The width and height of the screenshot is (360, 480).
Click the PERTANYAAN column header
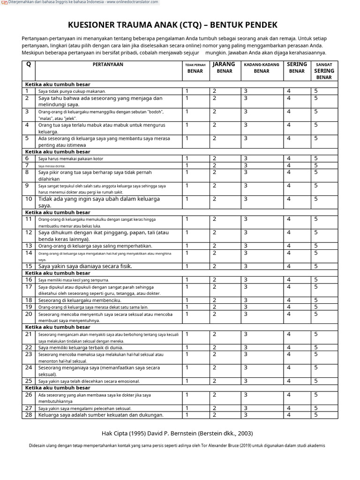tap(108, 65)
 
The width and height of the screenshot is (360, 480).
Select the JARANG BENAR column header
tap(224, 67)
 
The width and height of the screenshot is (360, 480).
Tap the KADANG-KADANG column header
tap(262, 65)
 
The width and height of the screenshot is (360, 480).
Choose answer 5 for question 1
tap(316, 91)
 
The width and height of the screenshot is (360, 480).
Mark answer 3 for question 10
tap(245, 199)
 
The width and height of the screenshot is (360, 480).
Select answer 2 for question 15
tap(214, 266)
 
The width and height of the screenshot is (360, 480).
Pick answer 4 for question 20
tap(289, 314)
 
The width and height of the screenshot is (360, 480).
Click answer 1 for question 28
tap(187, 415)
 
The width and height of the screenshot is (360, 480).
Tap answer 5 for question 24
tap(316, 367)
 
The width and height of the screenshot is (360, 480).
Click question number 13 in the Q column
tap(29, 246)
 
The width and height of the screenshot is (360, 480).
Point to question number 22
tap(29, 347)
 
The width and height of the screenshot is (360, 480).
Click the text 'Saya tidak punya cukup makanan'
tap(72, 91)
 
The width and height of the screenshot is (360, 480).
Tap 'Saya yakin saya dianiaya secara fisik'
tap(85, 266)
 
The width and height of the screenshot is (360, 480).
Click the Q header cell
tap(28, 65)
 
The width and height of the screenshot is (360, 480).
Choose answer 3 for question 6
tap(245, 158)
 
